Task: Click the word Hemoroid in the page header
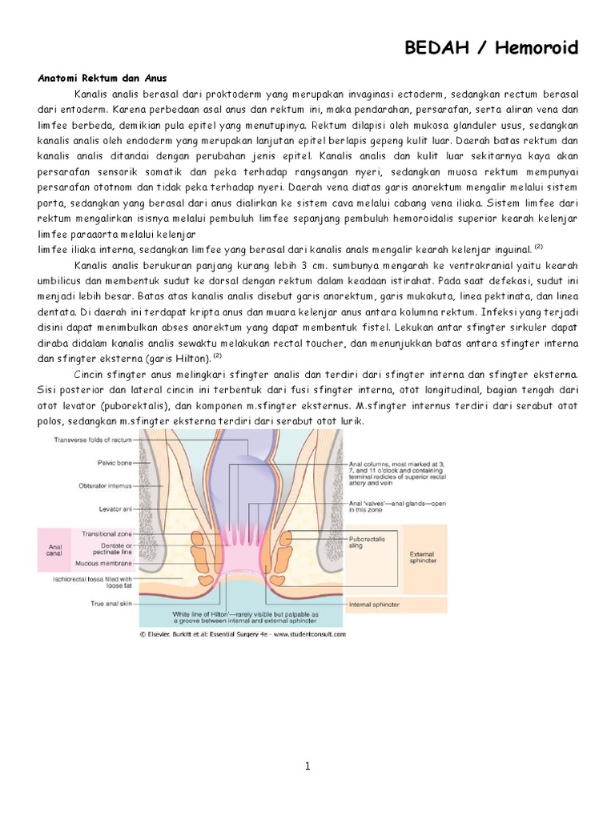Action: [538, 49]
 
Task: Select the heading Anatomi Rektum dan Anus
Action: [102, 78]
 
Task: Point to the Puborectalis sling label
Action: [368, 543]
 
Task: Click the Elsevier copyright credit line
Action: [243, 633]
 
